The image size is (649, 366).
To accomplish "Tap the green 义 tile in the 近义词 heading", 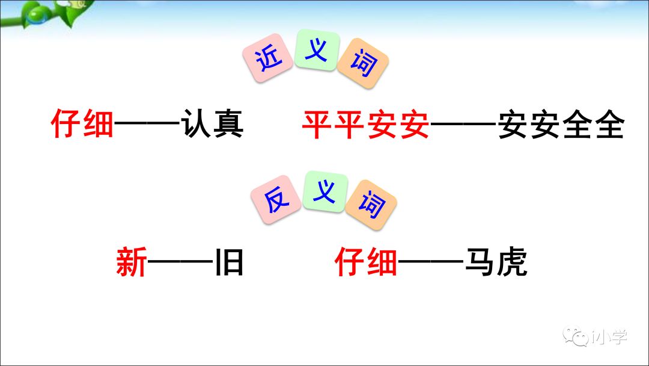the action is (x=316, y=51).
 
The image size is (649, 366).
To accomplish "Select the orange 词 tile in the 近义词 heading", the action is (x=362, y=63).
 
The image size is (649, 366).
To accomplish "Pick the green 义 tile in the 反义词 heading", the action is (x=324, y=191).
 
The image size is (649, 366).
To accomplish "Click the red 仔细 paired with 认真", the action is (x=82, y=125).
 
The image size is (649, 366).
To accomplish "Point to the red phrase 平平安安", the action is (x=365, y=125).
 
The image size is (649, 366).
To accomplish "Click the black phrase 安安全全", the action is (x=561, y=125).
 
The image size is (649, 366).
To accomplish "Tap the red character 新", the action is (x=132, y=263).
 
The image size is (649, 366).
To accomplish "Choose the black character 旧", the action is (x=229, y=263).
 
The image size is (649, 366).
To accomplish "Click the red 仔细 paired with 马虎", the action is (x=366, y=263).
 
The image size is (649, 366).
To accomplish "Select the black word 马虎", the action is (x=496, y=263).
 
